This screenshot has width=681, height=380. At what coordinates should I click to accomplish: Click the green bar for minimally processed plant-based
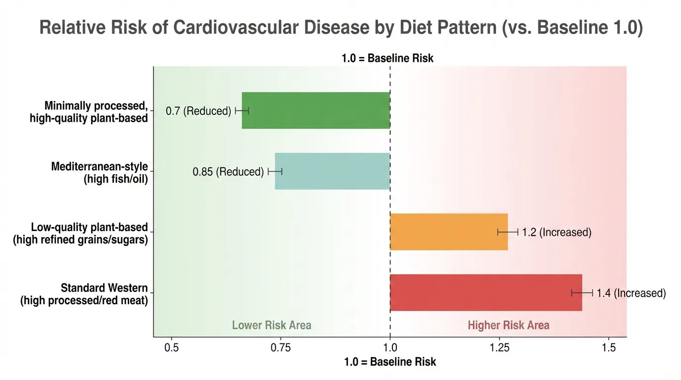point(316,110)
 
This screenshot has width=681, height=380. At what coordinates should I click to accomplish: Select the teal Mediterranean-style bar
point(332,171)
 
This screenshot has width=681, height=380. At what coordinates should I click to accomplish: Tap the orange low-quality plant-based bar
point(448,232)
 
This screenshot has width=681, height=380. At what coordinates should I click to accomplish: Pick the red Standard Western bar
point(486,293)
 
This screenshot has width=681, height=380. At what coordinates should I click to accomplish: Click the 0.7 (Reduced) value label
point(198,111)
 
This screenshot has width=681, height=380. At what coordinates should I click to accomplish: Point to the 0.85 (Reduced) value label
point(228,172)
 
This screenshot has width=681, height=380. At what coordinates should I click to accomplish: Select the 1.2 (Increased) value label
point(557,232)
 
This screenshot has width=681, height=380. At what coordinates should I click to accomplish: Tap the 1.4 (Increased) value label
point(631,293)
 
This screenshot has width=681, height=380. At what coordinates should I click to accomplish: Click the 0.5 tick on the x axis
point(172,348)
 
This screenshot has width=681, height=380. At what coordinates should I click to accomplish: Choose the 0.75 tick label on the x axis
point(281,348)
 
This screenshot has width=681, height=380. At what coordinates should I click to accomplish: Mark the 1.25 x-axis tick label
point(499,348)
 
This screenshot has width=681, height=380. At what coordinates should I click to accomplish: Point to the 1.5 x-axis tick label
point(609,348)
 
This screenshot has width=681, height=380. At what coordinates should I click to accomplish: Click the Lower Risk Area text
point(272,325)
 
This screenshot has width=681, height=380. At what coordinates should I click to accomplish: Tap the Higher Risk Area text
point(508,325)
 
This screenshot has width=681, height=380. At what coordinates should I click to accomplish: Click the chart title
point(340,28)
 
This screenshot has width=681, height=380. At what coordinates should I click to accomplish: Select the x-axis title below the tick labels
point(390,362)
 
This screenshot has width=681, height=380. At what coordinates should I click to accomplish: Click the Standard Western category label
point(84,294)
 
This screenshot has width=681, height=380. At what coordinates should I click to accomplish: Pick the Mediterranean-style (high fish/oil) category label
point(99,172)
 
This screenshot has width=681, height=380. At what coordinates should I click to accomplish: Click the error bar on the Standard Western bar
point(582,293)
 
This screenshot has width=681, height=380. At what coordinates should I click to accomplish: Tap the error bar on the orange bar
point(508,232)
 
